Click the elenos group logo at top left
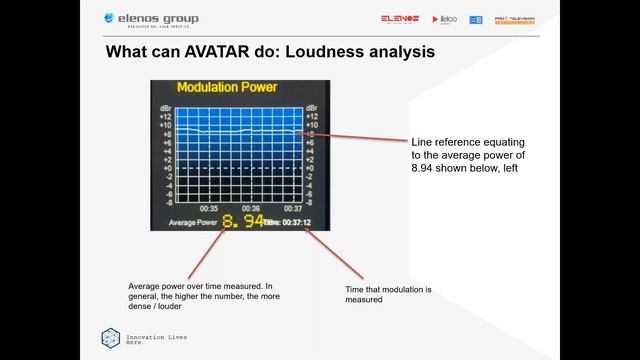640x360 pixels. [x=150, y=19]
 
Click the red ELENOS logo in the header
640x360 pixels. [x=399, y=19]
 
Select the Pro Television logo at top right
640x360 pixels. [x=514, y=19]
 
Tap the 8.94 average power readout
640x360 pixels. [x=243, y=221]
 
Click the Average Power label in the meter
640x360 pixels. [x=193, y=222]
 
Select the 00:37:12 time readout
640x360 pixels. [x=293, y=222]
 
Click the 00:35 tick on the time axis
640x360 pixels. [x=209, y=208]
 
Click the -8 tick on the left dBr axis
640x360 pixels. [x=167, y=202]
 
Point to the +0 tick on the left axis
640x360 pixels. [x=166, y=168]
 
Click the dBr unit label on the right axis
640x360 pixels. [x=312, y=106]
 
